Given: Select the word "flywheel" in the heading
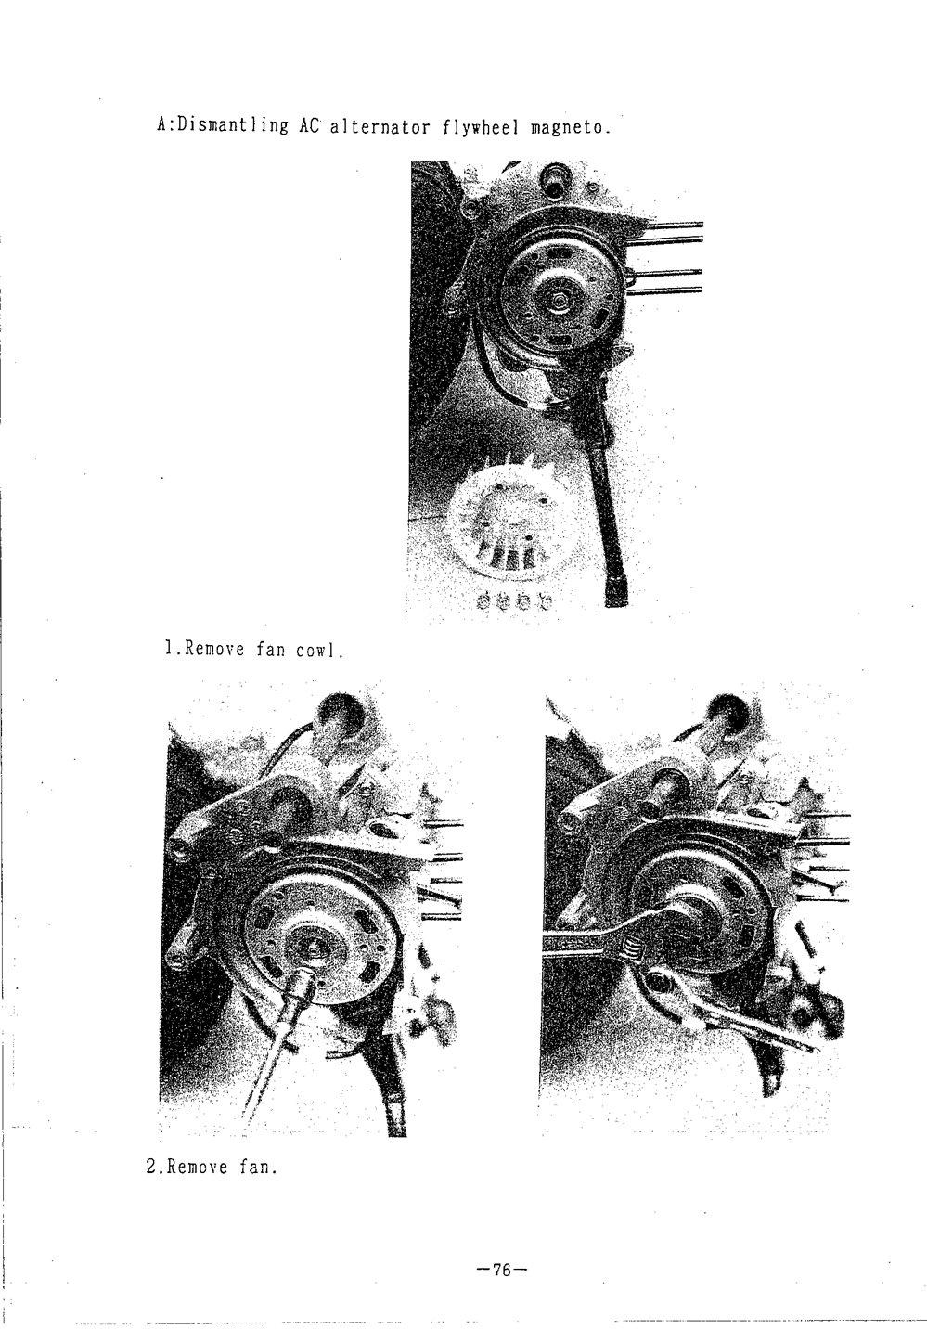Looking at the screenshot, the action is (480, 127).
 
